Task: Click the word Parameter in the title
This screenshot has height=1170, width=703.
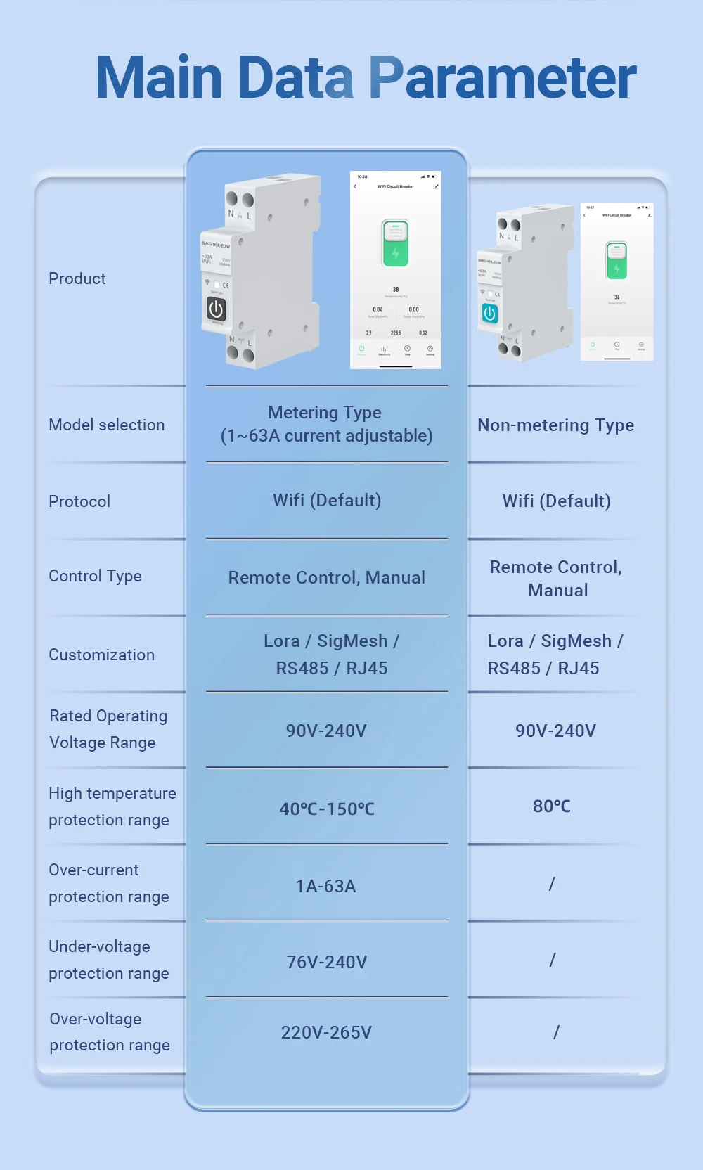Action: [502, 78]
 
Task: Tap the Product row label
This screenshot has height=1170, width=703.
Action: [77, 279]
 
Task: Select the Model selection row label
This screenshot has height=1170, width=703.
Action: [107, 425]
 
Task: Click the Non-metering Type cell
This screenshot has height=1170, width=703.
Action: [555, 425]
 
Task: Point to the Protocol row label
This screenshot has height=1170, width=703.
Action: [79, 501]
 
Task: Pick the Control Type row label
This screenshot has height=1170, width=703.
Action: [95, 577]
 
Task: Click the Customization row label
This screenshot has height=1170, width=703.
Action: [101, 655]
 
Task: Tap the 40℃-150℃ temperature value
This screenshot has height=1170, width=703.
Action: [327, 809]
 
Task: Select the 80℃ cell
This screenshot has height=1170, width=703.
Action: [552, 806]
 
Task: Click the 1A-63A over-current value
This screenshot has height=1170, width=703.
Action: [326, 886]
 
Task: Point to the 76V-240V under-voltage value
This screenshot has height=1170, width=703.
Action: [327, 962]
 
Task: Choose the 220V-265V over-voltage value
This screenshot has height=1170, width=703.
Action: [326, 1032]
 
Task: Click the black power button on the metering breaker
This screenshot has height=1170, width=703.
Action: [216, 309]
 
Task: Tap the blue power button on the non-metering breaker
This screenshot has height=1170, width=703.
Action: [490, 314]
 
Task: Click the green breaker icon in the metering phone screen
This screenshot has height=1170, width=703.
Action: [395, 243]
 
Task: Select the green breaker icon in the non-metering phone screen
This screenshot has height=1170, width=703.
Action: [617, 261]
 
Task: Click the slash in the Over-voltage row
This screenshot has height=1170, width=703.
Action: [556, 1032]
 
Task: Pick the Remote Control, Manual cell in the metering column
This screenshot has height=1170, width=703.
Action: [327, 578]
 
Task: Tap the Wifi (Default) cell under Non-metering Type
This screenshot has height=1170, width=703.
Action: [556, 501]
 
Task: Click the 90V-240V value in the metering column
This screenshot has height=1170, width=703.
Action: [326, 731]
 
